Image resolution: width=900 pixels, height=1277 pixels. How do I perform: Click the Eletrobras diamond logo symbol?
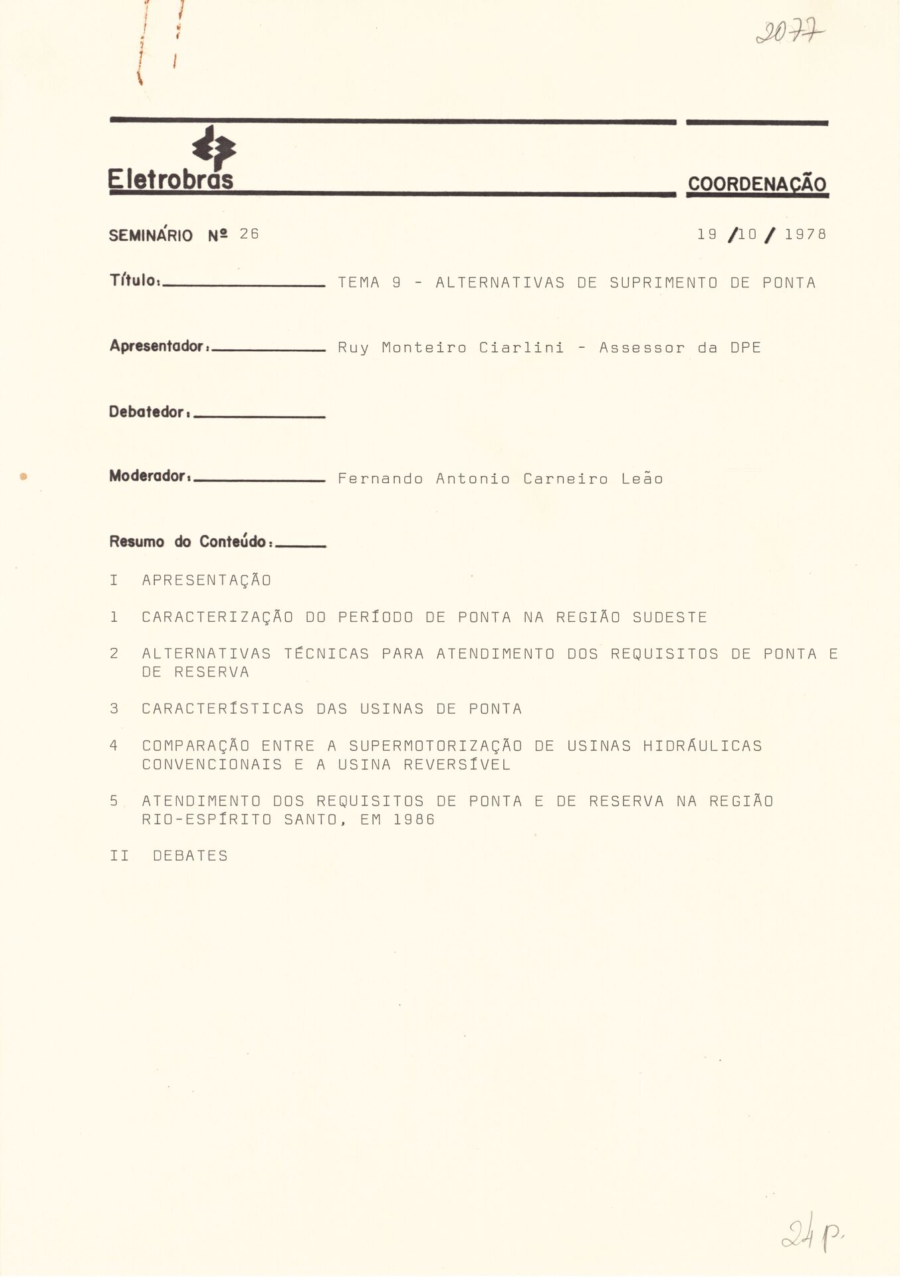pyautogui.click(x=214, y=148)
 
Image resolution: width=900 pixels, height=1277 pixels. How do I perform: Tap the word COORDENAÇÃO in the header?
pyautogui.click(x=757, y=184)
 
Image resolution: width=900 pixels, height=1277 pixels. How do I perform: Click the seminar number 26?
pyautogui.click(x=249, y=234)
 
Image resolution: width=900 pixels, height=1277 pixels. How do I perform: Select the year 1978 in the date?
pyautogui.click(x=806, y=234)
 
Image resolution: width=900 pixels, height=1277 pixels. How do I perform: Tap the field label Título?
pyautogui.click(x=134, y=281)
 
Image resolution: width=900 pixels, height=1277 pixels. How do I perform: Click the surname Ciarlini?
pyautogui.click(x=521, y=347)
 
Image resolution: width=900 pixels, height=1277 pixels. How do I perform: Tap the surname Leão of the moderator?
pyautogui.click(x=642, y=479)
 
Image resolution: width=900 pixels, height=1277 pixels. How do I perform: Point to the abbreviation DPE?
pyautogui.click(x=745, y=347)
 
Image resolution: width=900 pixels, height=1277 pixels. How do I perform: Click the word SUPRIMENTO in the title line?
pyautogui.click(x=663, y=283)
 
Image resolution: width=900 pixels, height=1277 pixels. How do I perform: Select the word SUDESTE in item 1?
pyautogui.click(x=669, y=617)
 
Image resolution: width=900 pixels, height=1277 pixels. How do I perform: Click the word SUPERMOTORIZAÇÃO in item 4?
pyautogui.click(x=435, y=746)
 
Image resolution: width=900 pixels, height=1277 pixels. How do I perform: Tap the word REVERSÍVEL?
pyautogui.click(x=457, y=765)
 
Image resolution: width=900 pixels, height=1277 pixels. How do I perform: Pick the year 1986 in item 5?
pyautogui.click(x=413, y=819)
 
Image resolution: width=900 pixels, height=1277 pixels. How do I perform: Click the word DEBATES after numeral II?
pyautogui.click(x=190, y=856)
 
